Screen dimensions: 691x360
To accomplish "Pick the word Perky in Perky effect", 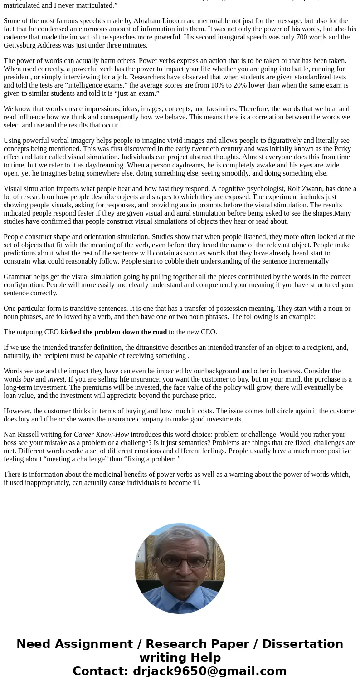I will click(341, 149).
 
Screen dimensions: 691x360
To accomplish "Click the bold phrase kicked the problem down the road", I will click(114, 332).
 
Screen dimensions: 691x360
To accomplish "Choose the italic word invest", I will click(57, 379).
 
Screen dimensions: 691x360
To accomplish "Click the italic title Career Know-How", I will click(101, 435).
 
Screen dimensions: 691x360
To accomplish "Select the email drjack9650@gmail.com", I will click(209, 671).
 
